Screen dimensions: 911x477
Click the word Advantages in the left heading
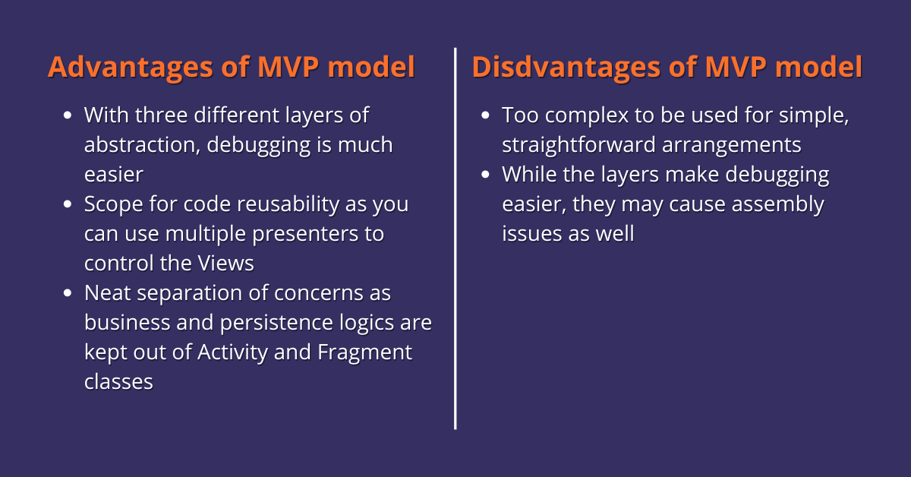click(130, 68)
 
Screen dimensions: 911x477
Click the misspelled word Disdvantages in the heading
click(566, 68)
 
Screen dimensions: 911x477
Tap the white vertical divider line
click(455, 238)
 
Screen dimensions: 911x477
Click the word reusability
click(288, 204)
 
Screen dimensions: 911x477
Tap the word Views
click(226, 263)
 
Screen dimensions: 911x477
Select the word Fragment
click(365, 352)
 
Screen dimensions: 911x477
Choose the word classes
click(118, 382)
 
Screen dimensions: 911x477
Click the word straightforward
click(578, 145)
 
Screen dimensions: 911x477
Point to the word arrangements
click(732, 146)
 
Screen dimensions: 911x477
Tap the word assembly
click(778, 205)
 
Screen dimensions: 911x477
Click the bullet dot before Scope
click(68, 204)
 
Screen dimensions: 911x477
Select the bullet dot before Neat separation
click(68, 292)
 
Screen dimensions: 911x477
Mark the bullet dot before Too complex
click(485, 115)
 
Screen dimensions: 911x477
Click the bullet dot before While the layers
click(485, 175)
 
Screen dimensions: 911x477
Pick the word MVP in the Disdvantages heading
click(736, 67)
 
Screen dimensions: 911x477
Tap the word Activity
click(232, 352)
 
